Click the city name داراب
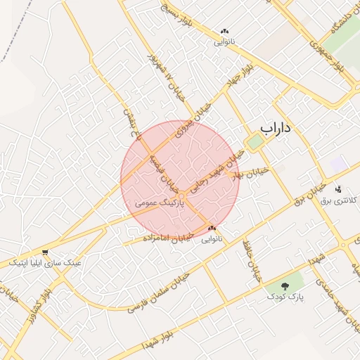pyautogui.click(x=276, y=128)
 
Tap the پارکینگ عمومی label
pyautogui.click(x=159, y=202)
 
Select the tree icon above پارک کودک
pyautogui.click(x=285, y=286)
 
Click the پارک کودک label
pyautogui.click(x=285, y=297)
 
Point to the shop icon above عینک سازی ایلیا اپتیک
pyautogui.click(x=46, y=252)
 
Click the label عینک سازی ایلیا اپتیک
pyautogui.click(x=45, y=262)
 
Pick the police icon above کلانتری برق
pyautogui.click(x=339, y=188)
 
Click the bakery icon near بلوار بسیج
pyautogui.click(x=225, y=31)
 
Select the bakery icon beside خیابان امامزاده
pyautogui.click(x=212, y=228)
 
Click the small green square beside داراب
pyautogui.click(x=254, y=142)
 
